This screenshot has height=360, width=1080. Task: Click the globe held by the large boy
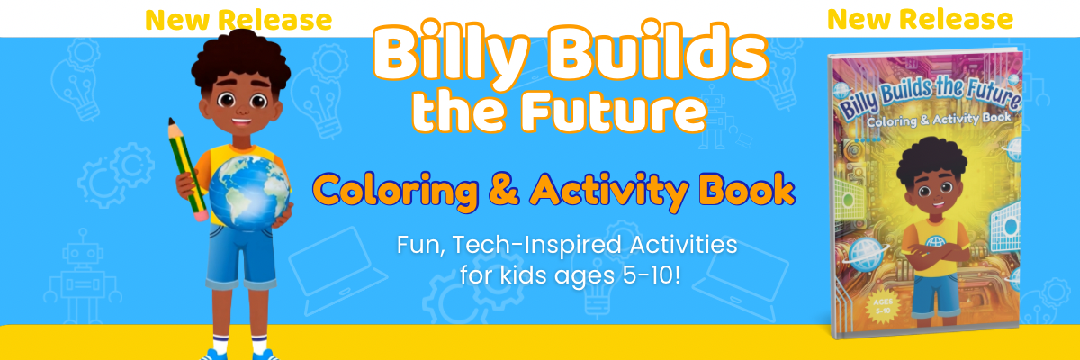coord(250,192)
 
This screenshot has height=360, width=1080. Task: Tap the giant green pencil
coord(188,169)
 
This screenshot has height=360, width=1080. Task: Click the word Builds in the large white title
coord(657,50)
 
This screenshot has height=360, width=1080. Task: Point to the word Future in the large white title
coord(613,112)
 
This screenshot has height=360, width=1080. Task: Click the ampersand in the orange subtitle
coord(504,189)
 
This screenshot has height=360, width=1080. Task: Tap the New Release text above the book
coord(920,19)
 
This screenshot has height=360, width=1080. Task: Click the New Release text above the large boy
coord(238,20)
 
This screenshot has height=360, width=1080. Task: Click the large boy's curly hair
coord(240,60)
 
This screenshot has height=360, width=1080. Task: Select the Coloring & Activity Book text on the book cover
coord(938,120)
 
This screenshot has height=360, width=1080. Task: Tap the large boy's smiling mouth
coord(241,121)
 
